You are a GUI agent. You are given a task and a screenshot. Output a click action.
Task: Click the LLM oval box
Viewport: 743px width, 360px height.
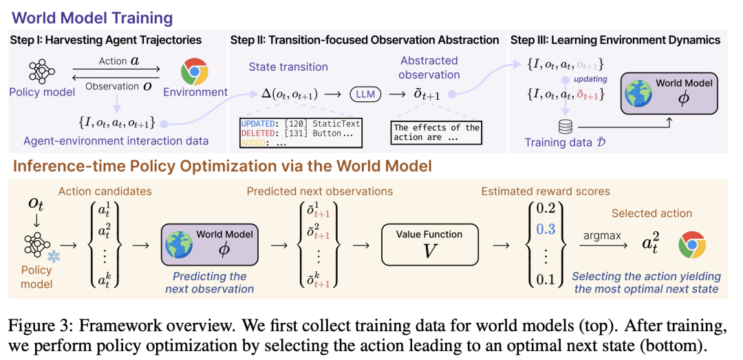click(x=365, y=94)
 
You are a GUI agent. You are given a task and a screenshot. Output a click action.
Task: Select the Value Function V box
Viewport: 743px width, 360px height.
click(x=429, y=244)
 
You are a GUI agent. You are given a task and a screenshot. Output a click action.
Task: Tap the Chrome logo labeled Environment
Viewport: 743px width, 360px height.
click(x=194, y=71)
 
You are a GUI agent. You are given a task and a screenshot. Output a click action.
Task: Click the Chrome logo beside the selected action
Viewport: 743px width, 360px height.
click(x=692, y=246)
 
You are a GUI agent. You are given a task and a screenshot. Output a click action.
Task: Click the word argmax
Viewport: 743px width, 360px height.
click(x=599, y=235)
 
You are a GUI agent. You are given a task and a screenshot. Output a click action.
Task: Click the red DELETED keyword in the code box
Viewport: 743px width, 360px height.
click(x=257, y=134)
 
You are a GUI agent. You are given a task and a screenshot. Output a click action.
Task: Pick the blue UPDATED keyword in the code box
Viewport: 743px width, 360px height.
click(x=257, y=124)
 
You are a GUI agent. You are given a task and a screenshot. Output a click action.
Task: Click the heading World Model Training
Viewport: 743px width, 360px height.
click(x=92, y=19)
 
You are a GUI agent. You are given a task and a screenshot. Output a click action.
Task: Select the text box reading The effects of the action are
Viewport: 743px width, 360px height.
click(x=435, y=133)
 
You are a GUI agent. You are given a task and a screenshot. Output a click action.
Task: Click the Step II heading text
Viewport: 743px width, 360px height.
click(x=365, y=40)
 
